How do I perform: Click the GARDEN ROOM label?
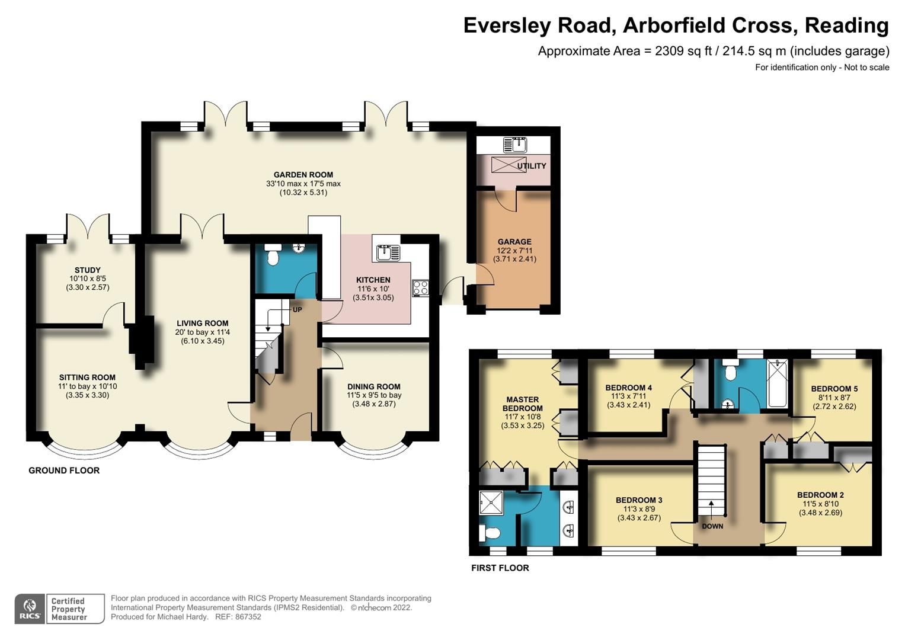click(x=303, y=175)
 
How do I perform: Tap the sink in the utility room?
click(x=514, y=145)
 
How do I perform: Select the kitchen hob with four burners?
click(x=421, y=288)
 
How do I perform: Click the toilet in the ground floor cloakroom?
click(x=273, y=254)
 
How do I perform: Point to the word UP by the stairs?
click(x=297, y=309)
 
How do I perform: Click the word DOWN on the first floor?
click(x=712, y=526)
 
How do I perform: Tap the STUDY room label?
click(x=87, y=270)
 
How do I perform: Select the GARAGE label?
click(x=514, y=242)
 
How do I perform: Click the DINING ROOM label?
click(x=373, y=386)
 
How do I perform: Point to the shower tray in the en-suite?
click(x=491, y=503)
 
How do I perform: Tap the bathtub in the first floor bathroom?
click(x=776, y=383)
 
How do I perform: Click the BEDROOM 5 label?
click(x=834, y=389)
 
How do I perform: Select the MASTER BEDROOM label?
click(x=522, y=404)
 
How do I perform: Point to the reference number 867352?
click(x=247, y=617)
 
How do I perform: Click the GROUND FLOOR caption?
click(x=64, y=471)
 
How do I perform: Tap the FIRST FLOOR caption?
click(x=500, y=568)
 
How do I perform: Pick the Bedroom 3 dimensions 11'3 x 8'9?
click(x=638, y=509)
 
